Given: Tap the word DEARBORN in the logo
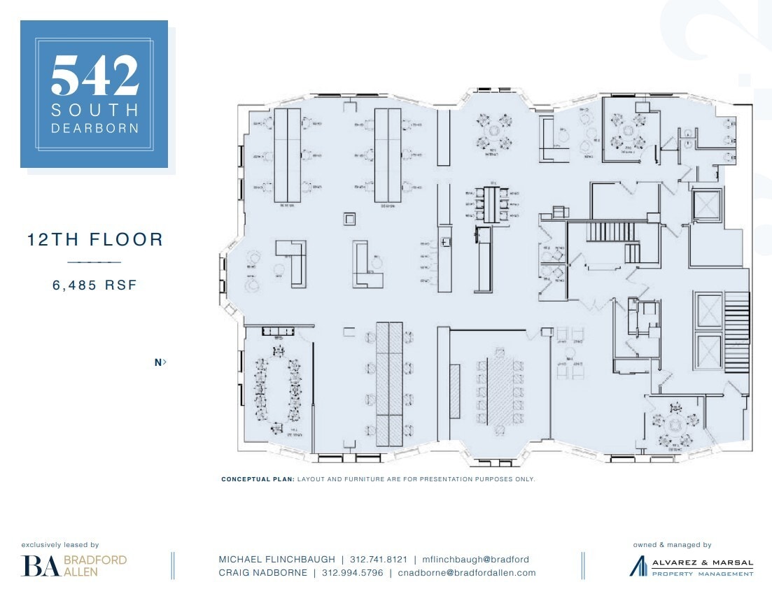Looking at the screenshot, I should click(x=94, y=128).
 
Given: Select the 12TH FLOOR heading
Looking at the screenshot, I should click(x=94, y=240).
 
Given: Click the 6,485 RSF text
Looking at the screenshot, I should click(x=94, y=285).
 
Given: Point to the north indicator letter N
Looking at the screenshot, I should click(x=158, y=362).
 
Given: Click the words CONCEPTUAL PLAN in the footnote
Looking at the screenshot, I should click(x=257, y=479).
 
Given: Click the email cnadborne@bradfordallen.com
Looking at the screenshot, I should click(x=467, y=572).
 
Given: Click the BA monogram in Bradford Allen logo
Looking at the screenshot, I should click(x=40, y=565).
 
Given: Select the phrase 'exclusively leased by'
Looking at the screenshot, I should click(x=60, y=544).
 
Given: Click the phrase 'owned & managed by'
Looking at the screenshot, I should click(x=671, y=544).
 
